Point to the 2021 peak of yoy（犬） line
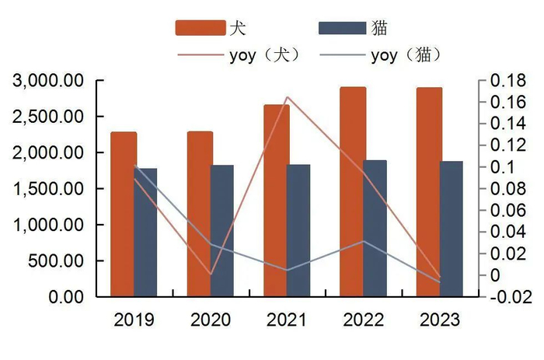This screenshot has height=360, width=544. click(x=287, y=97)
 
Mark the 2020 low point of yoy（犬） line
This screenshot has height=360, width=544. click(x=211, y=274)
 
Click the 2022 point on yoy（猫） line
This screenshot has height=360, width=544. click(x=363, y=241)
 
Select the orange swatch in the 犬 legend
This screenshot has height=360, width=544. click(x=201, y=28)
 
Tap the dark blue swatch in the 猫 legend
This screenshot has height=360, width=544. click(x=343, y=28)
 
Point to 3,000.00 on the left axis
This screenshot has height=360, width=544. click(x=49, y=81)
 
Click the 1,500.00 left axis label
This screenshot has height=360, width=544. click(x=49, y=189)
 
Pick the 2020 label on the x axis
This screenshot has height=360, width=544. click(x=211, y=320)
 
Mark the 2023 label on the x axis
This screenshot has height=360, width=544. click(x=439, y=320)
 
